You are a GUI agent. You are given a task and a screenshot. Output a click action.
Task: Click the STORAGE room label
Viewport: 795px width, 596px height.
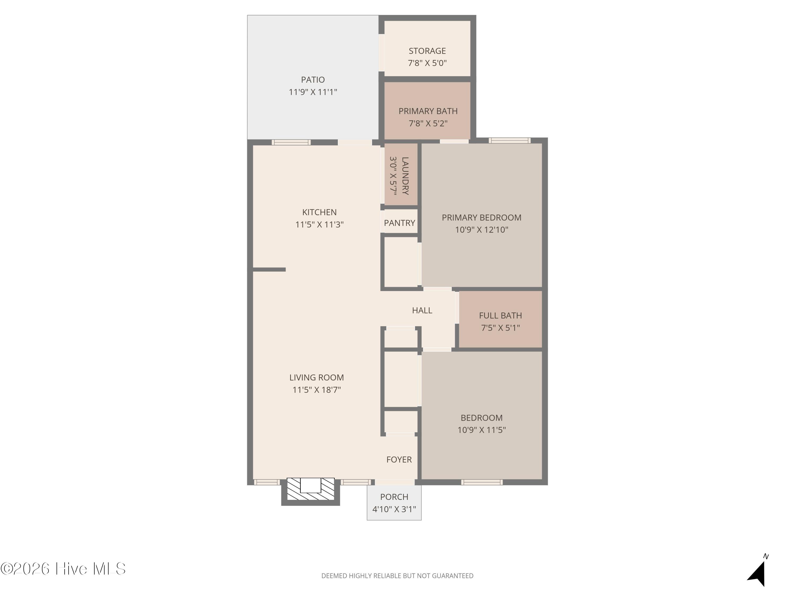[427, 51]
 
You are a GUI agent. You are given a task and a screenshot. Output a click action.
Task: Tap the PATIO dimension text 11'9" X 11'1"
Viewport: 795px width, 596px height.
[313, 92]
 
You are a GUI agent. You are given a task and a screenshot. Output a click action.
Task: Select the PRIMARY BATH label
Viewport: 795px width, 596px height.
[428, 111]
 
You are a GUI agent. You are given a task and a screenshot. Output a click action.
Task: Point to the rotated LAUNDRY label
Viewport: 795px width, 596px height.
[405, 176]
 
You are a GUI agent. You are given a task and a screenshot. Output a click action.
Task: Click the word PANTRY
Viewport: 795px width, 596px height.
[399, 223]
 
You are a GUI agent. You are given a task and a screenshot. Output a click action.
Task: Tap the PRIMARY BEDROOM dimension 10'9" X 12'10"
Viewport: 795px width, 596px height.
[482, 230]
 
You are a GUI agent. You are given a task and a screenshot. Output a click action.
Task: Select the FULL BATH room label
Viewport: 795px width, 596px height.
[500, 315]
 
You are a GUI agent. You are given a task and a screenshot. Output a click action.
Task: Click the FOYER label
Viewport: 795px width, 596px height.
[399, 460]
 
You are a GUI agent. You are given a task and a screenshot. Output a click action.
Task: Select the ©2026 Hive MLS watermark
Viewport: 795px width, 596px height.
[63, 569]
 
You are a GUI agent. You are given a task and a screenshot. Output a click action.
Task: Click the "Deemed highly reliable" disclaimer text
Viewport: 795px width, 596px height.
[397, 576]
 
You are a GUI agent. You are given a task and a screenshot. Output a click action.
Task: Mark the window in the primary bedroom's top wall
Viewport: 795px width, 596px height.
[509, 140]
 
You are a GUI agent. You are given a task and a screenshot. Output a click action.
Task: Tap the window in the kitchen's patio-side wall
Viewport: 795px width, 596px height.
[291, 142]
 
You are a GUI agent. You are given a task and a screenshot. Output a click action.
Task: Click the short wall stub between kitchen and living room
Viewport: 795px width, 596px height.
[269, 269]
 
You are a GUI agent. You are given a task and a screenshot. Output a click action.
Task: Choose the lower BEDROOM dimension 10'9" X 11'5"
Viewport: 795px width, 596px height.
[482, 430]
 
